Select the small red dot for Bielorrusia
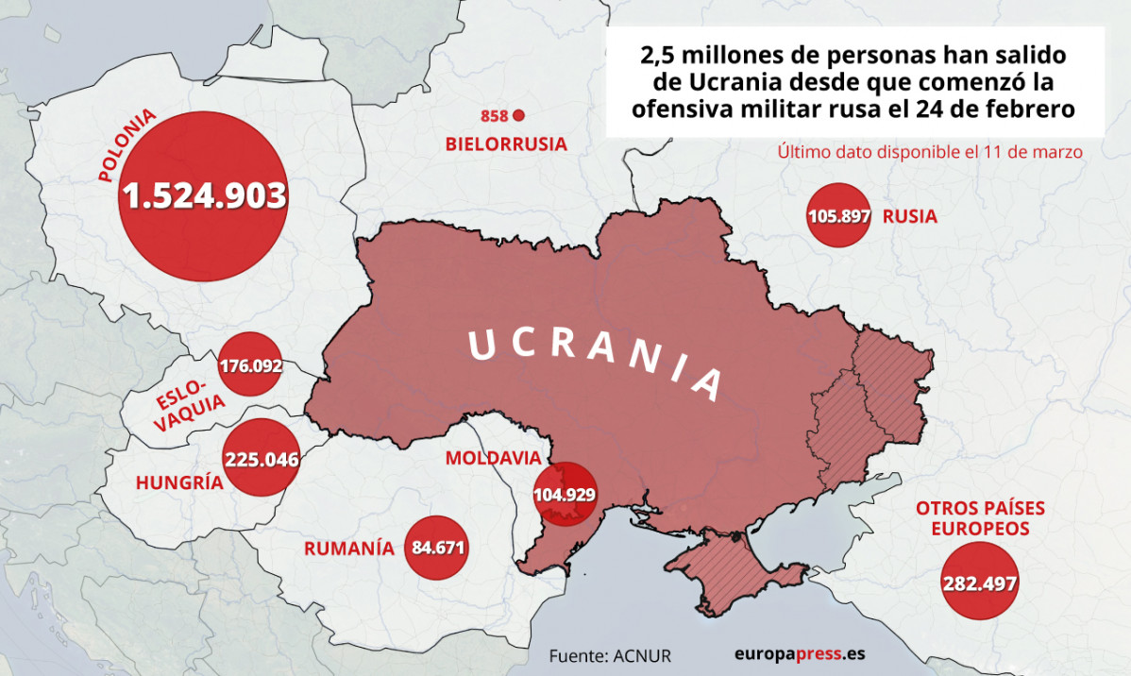coord(517,116)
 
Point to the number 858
coord(494,116)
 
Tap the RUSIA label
coord(910,216)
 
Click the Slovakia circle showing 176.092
coord(250,364)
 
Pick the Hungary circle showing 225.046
coord(262,460)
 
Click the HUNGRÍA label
coord(179,482)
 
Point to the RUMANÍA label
coord(349,548)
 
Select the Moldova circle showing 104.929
coord(565,494)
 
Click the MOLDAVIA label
coord(493,459)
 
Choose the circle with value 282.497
coord(979,582)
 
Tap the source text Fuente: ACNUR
coord(610,654)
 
